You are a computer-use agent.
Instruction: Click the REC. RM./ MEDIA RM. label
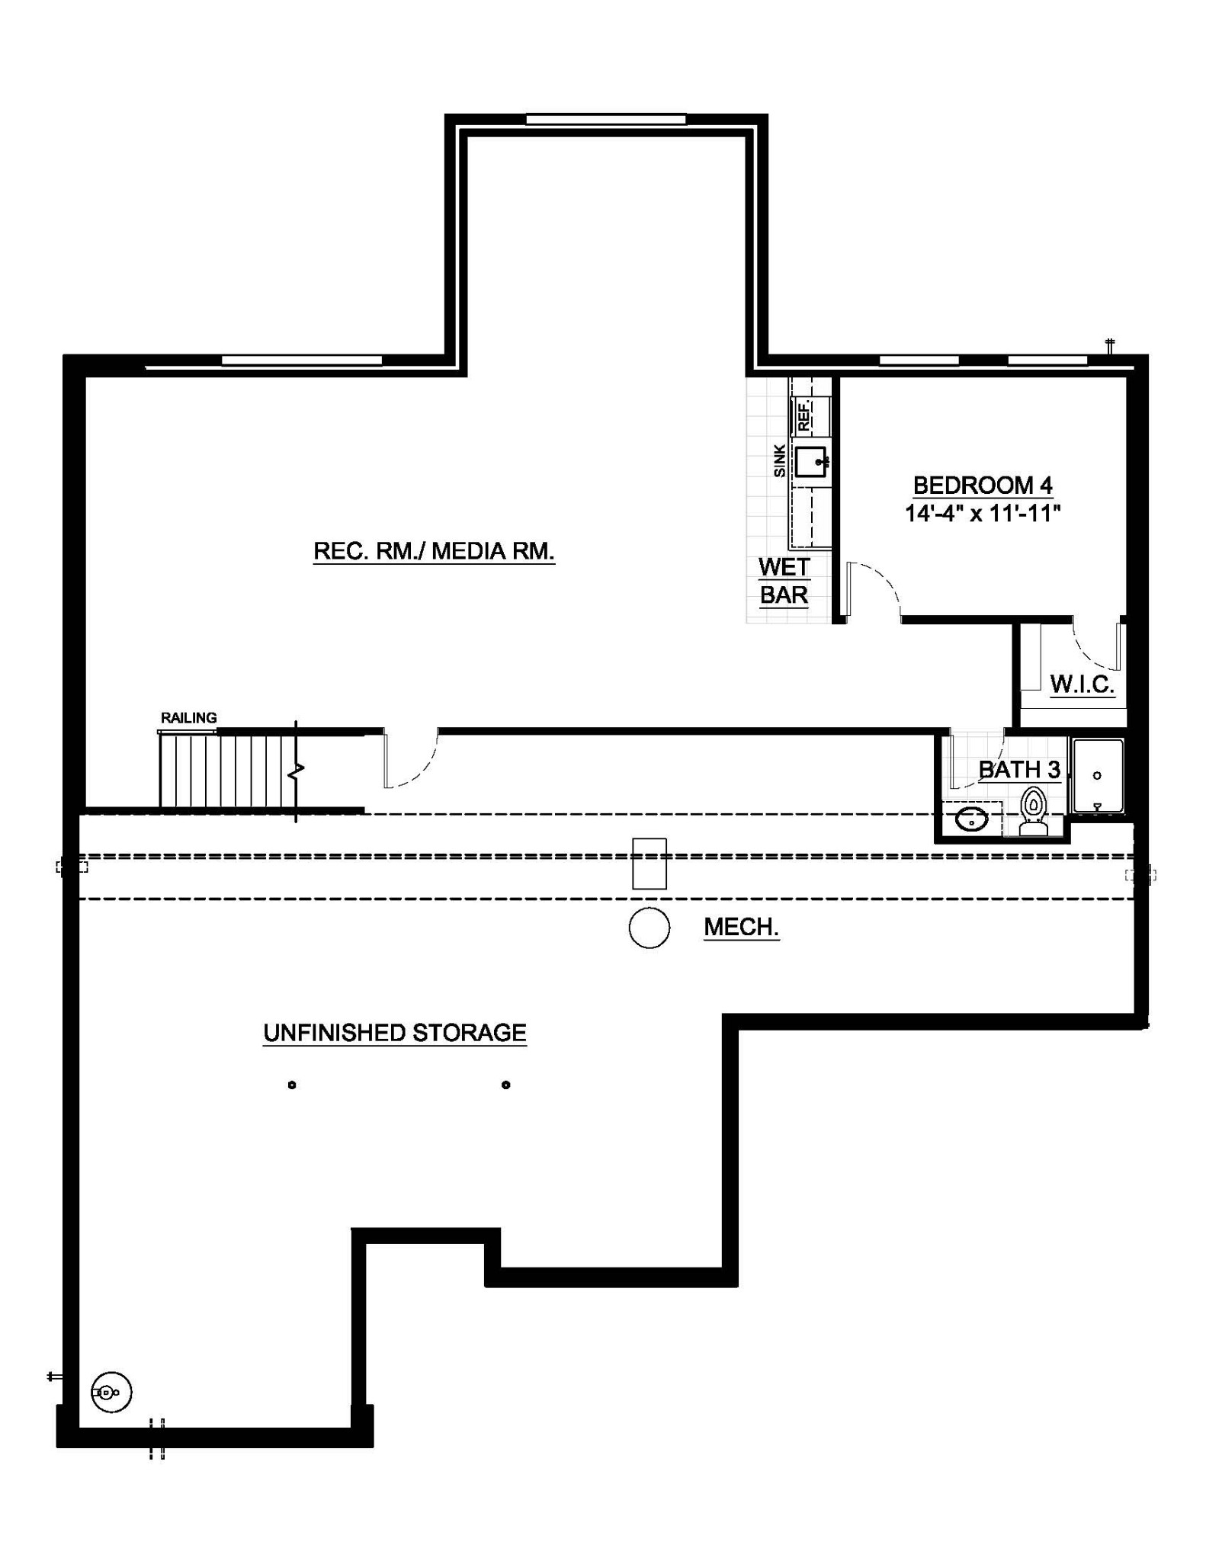[434, 551]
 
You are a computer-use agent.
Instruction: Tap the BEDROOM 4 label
[983, 485]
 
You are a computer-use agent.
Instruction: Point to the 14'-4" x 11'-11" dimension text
[983, 513]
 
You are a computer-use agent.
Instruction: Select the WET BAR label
[784, 581]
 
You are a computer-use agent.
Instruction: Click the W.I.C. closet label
[1083, 684]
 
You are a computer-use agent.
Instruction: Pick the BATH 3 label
[1019, 770]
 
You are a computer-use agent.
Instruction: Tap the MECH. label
[741, 927]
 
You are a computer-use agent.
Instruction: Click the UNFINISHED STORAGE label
[395, 1033]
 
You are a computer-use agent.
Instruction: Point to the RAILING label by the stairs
[189, 718]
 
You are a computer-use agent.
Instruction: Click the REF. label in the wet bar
[803, 416]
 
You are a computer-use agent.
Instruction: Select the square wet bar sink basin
[810, 462]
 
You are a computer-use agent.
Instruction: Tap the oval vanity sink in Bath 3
[972, 820]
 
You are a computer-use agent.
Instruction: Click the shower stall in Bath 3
[1098, 775]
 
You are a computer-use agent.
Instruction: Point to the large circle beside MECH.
[650, 928]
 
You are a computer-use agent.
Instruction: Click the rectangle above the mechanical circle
[650, 864]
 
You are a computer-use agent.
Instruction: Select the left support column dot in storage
[292, 1085]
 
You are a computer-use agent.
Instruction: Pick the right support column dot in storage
[506, 1085]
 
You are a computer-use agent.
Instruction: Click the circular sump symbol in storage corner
[111, 1393]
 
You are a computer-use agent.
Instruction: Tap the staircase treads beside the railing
[227, 770]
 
